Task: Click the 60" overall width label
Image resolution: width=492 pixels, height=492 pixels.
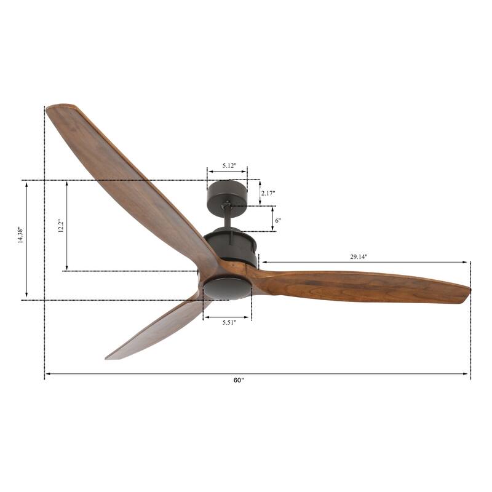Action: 239,381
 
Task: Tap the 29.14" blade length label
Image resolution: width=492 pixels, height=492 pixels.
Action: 359,257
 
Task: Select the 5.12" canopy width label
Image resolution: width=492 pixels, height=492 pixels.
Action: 226,166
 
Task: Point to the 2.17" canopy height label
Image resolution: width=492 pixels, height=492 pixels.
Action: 268,193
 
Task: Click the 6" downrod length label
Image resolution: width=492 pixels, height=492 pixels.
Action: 278,220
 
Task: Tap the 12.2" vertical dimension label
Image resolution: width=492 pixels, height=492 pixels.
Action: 60,226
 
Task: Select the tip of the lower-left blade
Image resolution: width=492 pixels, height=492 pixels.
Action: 109,356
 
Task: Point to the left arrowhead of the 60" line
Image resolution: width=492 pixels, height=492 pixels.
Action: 47,373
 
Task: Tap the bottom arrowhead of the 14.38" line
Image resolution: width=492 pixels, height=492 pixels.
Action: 26,297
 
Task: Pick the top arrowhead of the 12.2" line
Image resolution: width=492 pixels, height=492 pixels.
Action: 66,183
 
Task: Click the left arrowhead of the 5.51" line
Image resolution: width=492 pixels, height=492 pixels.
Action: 205,317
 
